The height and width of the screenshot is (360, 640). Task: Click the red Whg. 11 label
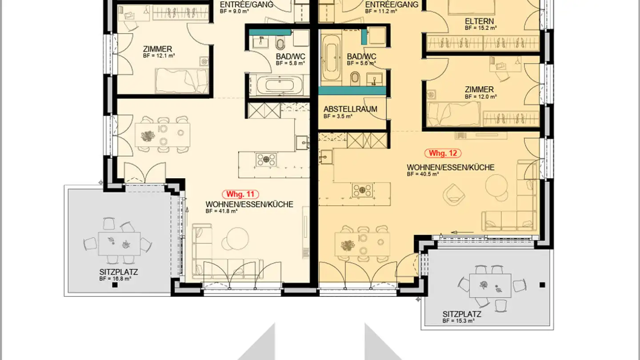coord(240,194)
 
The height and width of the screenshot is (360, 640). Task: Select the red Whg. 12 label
coord(443,153)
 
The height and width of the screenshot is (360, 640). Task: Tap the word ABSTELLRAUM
coord(350,109)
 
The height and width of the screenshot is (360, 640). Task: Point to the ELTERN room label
coord(479,21)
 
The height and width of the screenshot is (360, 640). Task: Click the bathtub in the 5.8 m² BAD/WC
coord(280,85)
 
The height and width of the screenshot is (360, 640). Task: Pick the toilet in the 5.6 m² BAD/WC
coord(356,79)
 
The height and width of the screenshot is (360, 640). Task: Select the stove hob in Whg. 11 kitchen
coord(266,159)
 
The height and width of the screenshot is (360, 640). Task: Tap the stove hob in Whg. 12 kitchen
coord(362,190)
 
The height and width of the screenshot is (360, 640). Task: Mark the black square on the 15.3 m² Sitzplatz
coord(542,284)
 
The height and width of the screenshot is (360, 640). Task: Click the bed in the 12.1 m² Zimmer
coord(181,81)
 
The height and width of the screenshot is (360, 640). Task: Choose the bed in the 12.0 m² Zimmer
coord(454,114)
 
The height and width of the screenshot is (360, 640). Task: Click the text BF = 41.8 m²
coord(221,211)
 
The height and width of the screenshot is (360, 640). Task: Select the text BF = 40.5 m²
coord(423,174)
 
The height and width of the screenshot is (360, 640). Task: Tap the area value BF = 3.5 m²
coord(338,116)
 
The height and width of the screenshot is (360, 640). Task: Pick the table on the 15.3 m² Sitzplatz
coord(490,285)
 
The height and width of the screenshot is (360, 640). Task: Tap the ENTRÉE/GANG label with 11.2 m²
coord(392,5)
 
